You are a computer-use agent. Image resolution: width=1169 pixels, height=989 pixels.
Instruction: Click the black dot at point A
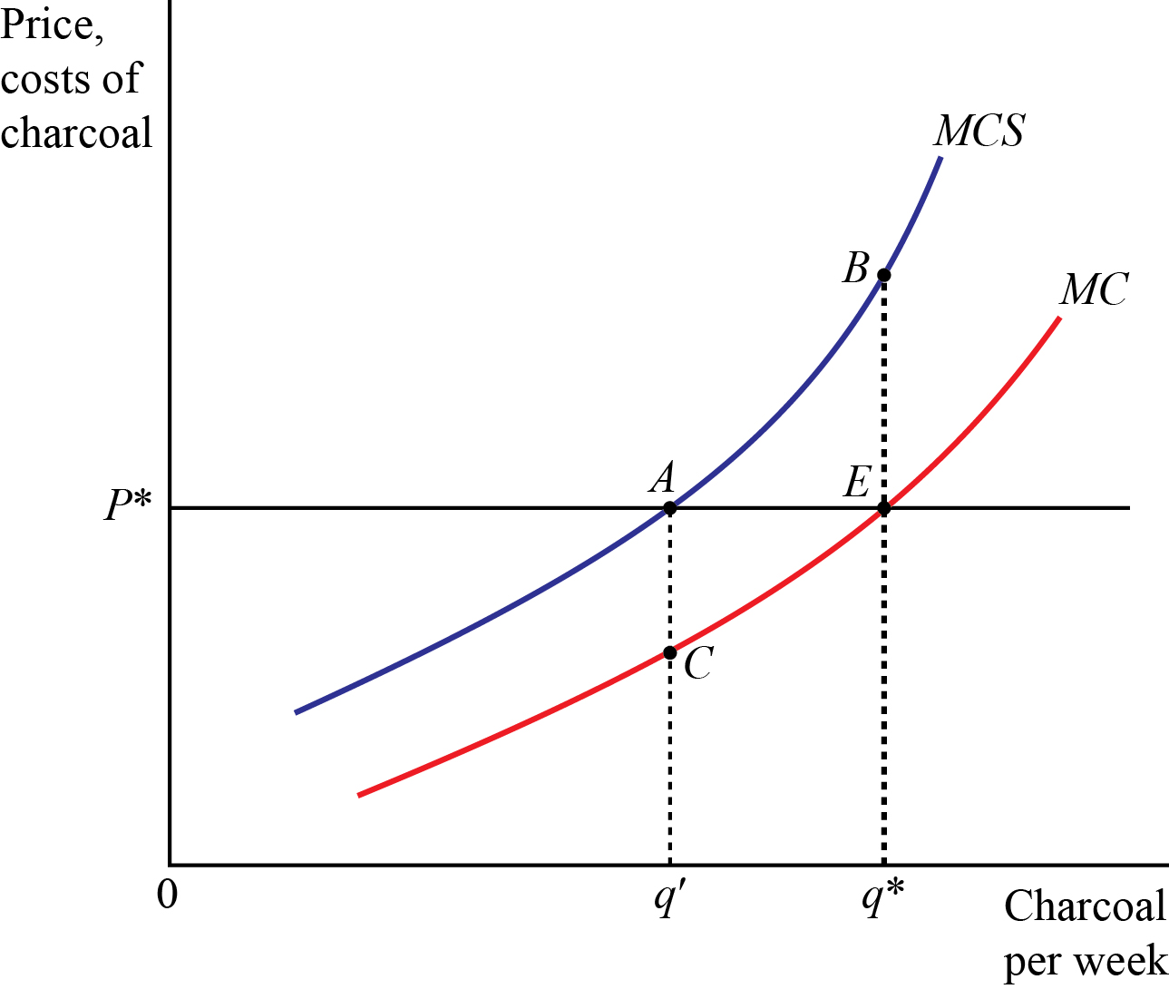click(669, 508)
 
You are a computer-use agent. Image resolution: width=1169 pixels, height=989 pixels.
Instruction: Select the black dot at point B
click(884, 275)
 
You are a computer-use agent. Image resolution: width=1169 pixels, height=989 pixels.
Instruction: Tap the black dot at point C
click(669, 652)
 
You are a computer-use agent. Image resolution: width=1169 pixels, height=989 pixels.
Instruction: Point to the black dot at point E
click(884, 508)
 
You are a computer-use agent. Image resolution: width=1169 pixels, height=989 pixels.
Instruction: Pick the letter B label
click(855, 268)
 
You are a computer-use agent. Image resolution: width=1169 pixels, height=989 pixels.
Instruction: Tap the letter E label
click(857, 481)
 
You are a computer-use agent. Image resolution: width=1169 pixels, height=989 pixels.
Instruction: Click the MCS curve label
click(979, 131)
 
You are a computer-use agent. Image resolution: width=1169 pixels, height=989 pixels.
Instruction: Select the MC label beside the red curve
click(1094, 290)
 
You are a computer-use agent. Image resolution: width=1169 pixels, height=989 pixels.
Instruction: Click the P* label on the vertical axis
click(127, 506)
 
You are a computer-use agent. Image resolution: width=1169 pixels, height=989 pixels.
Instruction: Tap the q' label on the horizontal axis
click(667, 899)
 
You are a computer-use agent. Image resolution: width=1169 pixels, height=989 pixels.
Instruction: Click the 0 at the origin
click(167, 895)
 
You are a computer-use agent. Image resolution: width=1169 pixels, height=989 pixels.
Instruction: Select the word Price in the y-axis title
click(52, 25)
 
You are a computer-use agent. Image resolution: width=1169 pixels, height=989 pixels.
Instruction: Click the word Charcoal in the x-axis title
click(1085, 906)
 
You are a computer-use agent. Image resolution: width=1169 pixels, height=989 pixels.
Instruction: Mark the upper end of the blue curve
click(940, 159)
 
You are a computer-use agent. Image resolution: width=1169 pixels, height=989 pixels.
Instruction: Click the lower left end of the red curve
click(360, 795)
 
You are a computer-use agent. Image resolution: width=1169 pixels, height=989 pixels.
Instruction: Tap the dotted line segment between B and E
click(884, 390)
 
